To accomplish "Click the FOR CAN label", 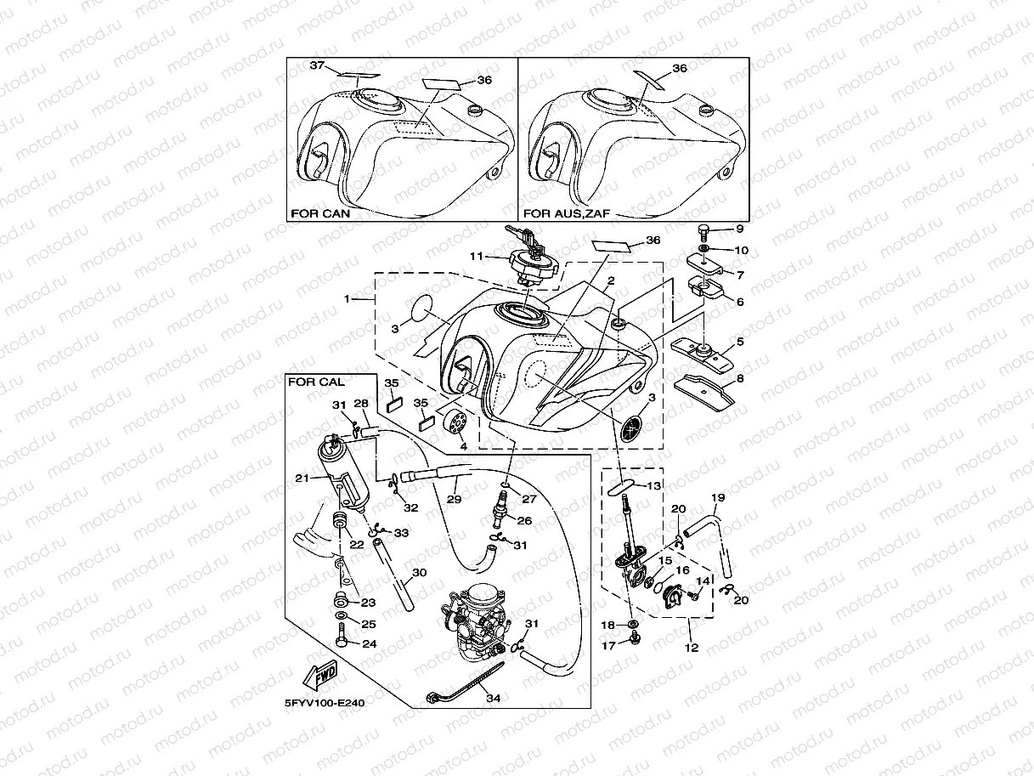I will click(319, 213).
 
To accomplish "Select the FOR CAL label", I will click(316, 382).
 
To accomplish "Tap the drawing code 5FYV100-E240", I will click(325, 703).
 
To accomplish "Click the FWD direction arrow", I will click(319, 677).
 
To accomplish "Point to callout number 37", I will click(317, 65).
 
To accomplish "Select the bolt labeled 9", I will click(704, 230).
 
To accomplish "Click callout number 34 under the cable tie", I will click(493, 698).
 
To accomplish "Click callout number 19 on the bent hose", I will click(717, 497).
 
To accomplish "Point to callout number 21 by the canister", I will click(301, 479).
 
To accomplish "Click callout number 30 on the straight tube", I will click(419, 573).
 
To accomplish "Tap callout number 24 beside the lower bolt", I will click(369, 643).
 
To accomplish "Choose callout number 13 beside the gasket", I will click(653, 486).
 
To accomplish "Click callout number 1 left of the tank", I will click(347, 299).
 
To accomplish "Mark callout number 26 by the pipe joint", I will click(525, 521).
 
